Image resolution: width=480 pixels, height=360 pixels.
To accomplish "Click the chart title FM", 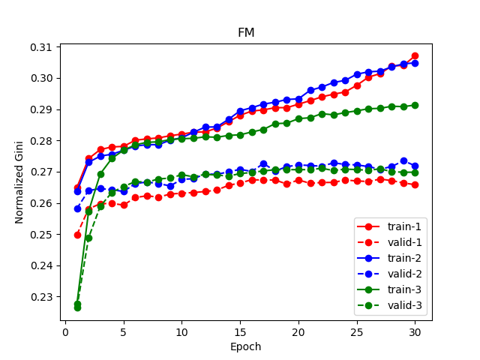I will (x=246, y=33).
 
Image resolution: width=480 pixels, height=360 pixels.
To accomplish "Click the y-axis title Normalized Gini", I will (x=19, y=182).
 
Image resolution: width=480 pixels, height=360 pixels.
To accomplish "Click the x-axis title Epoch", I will (x=246, y=347).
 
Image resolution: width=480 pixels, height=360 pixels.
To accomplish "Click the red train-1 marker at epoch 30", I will (x=415, y=56).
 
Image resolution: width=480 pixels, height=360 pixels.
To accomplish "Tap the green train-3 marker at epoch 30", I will (x=415, y=105).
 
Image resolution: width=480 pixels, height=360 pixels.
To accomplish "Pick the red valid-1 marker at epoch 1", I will (x=77, y=235).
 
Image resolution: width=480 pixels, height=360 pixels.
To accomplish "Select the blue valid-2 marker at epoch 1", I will (x=77, y=208).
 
